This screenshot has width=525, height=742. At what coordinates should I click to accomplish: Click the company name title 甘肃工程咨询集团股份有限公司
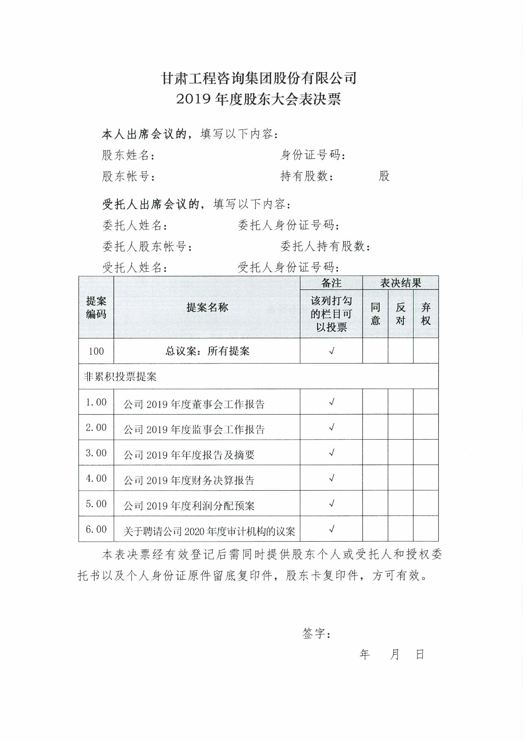tap(259, 78)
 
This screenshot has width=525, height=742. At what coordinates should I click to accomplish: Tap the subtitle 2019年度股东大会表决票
tap(259, 99)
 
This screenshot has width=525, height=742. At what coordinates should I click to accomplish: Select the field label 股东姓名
tap(128, 155)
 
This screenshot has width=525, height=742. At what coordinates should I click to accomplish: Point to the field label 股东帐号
tap(128, 176)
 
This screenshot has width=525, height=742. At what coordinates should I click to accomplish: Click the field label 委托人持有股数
tap(325, 246)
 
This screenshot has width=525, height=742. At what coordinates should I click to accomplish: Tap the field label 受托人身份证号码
tap(288, 267)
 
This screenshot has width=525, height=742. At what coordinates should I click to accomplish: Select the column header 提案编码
tap(96, 307)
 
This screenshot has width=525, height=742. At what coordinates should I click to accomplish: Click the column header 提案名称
tap(207, 307)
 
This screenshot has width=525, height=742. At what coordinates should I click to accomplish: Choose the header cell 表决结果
tap(400, 283)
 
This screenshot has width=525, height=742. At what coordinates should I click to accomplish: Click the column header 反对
tap(400, 314)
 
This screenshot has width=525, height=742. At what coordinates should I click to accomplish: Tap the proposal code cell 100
tap(96, 351)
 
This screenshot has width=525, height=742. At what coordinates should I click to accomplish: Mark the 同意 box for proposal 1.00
tap(375, 402)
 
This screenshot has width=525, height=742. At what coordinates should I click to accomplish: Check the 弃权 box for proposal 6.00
tap(426, 529)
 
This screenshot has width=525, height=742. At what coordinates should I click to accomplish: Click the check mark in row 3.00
tap(331, 453)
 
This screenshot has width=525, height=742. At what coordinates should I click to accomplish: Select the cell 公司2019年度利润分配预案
tap(189, 505)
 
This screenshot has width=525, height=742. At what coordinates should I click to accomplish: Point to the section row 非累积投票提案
tap(120, 377)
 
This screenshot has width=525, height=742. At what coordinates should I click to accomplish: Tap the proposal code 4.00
tap(96, 478)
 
